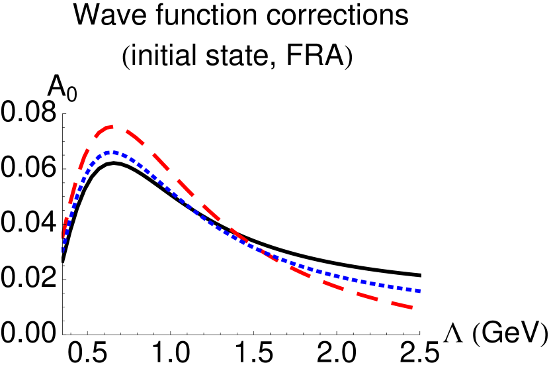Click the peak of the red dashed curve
click(x=113, y=126)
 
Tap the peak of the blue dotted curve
click(x=114, y=152)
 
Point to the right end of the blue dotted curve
click(x=421, y=291)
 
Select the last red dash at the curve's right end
click(x=402, y=305)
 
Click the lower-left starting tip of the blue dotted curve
click(x=63, y=250)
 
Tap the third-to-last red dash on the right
click(x=333, y=285)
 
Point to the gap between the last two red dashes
click(x=385, y=301)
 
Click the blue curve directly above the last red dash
click(x=402, y=288)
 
